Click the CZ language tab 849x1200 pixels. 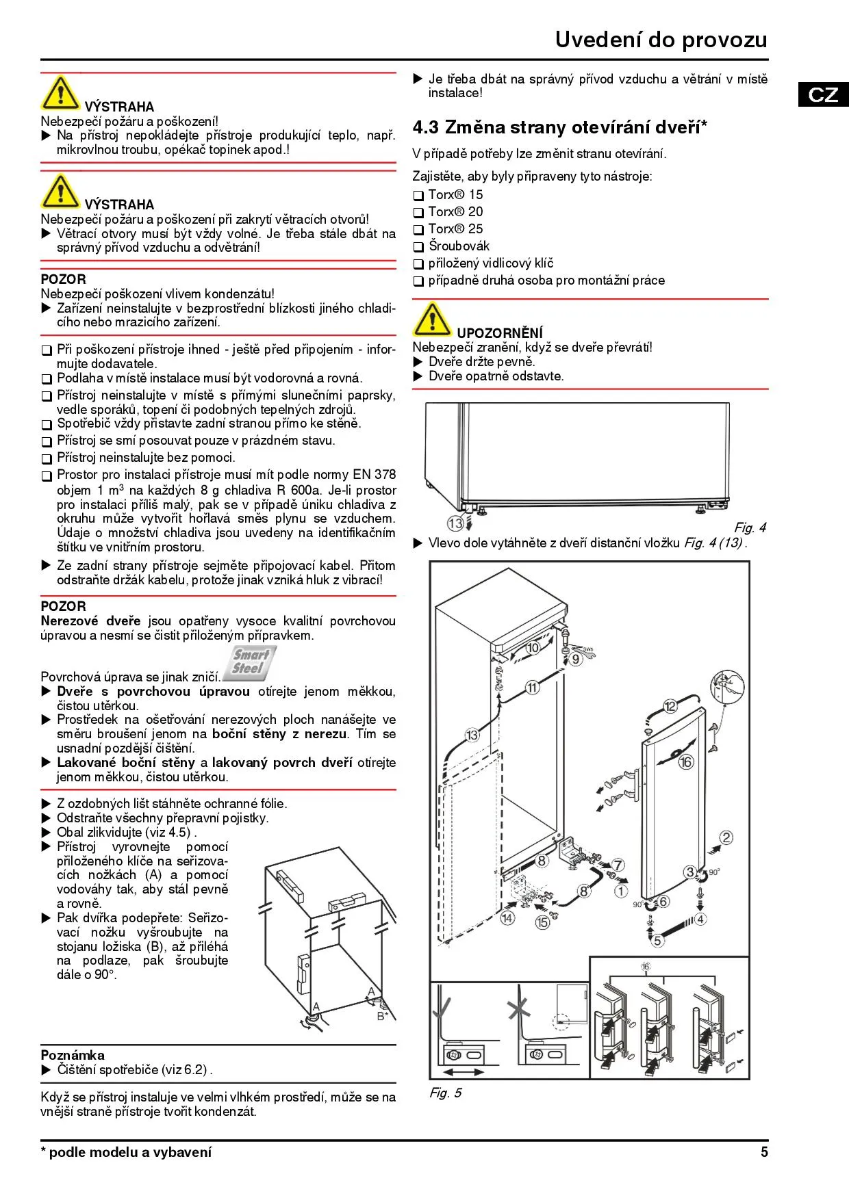coord(823,94)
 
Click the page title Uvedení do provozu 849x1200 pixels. coord(661,40)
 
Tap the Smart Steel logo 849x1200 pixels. coord(250,662)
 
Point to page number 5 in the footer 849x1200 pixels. coord(764,1152)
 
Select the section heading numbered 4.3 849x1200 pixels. coord(559,127)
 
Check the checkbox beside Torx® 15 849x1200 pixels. coord(418,196)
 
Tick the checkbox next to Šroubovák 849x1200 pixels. coord(418,247)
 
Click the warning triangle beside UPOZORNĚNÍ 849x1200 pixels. coord(432,319)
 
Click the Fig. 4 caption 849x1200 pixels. coord(750,527)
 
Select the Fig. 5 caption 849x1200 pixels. coord(445,1093)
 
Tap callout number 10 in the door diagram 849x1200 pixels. coord(532,647)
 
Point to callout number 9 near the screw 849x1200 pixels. coord(576,659)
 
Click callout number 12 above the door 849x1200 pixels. coord(670,706)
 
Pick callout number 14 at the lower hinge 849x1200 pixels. coord(507,917)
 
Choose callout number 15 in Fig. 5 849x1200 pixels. coord(542,922)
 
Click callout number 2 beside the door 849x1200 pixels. coord(726,837)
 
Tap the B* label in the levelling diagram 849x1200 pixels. coord(383,1016)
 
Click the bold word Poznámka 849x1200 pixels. coord(73,1055)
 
